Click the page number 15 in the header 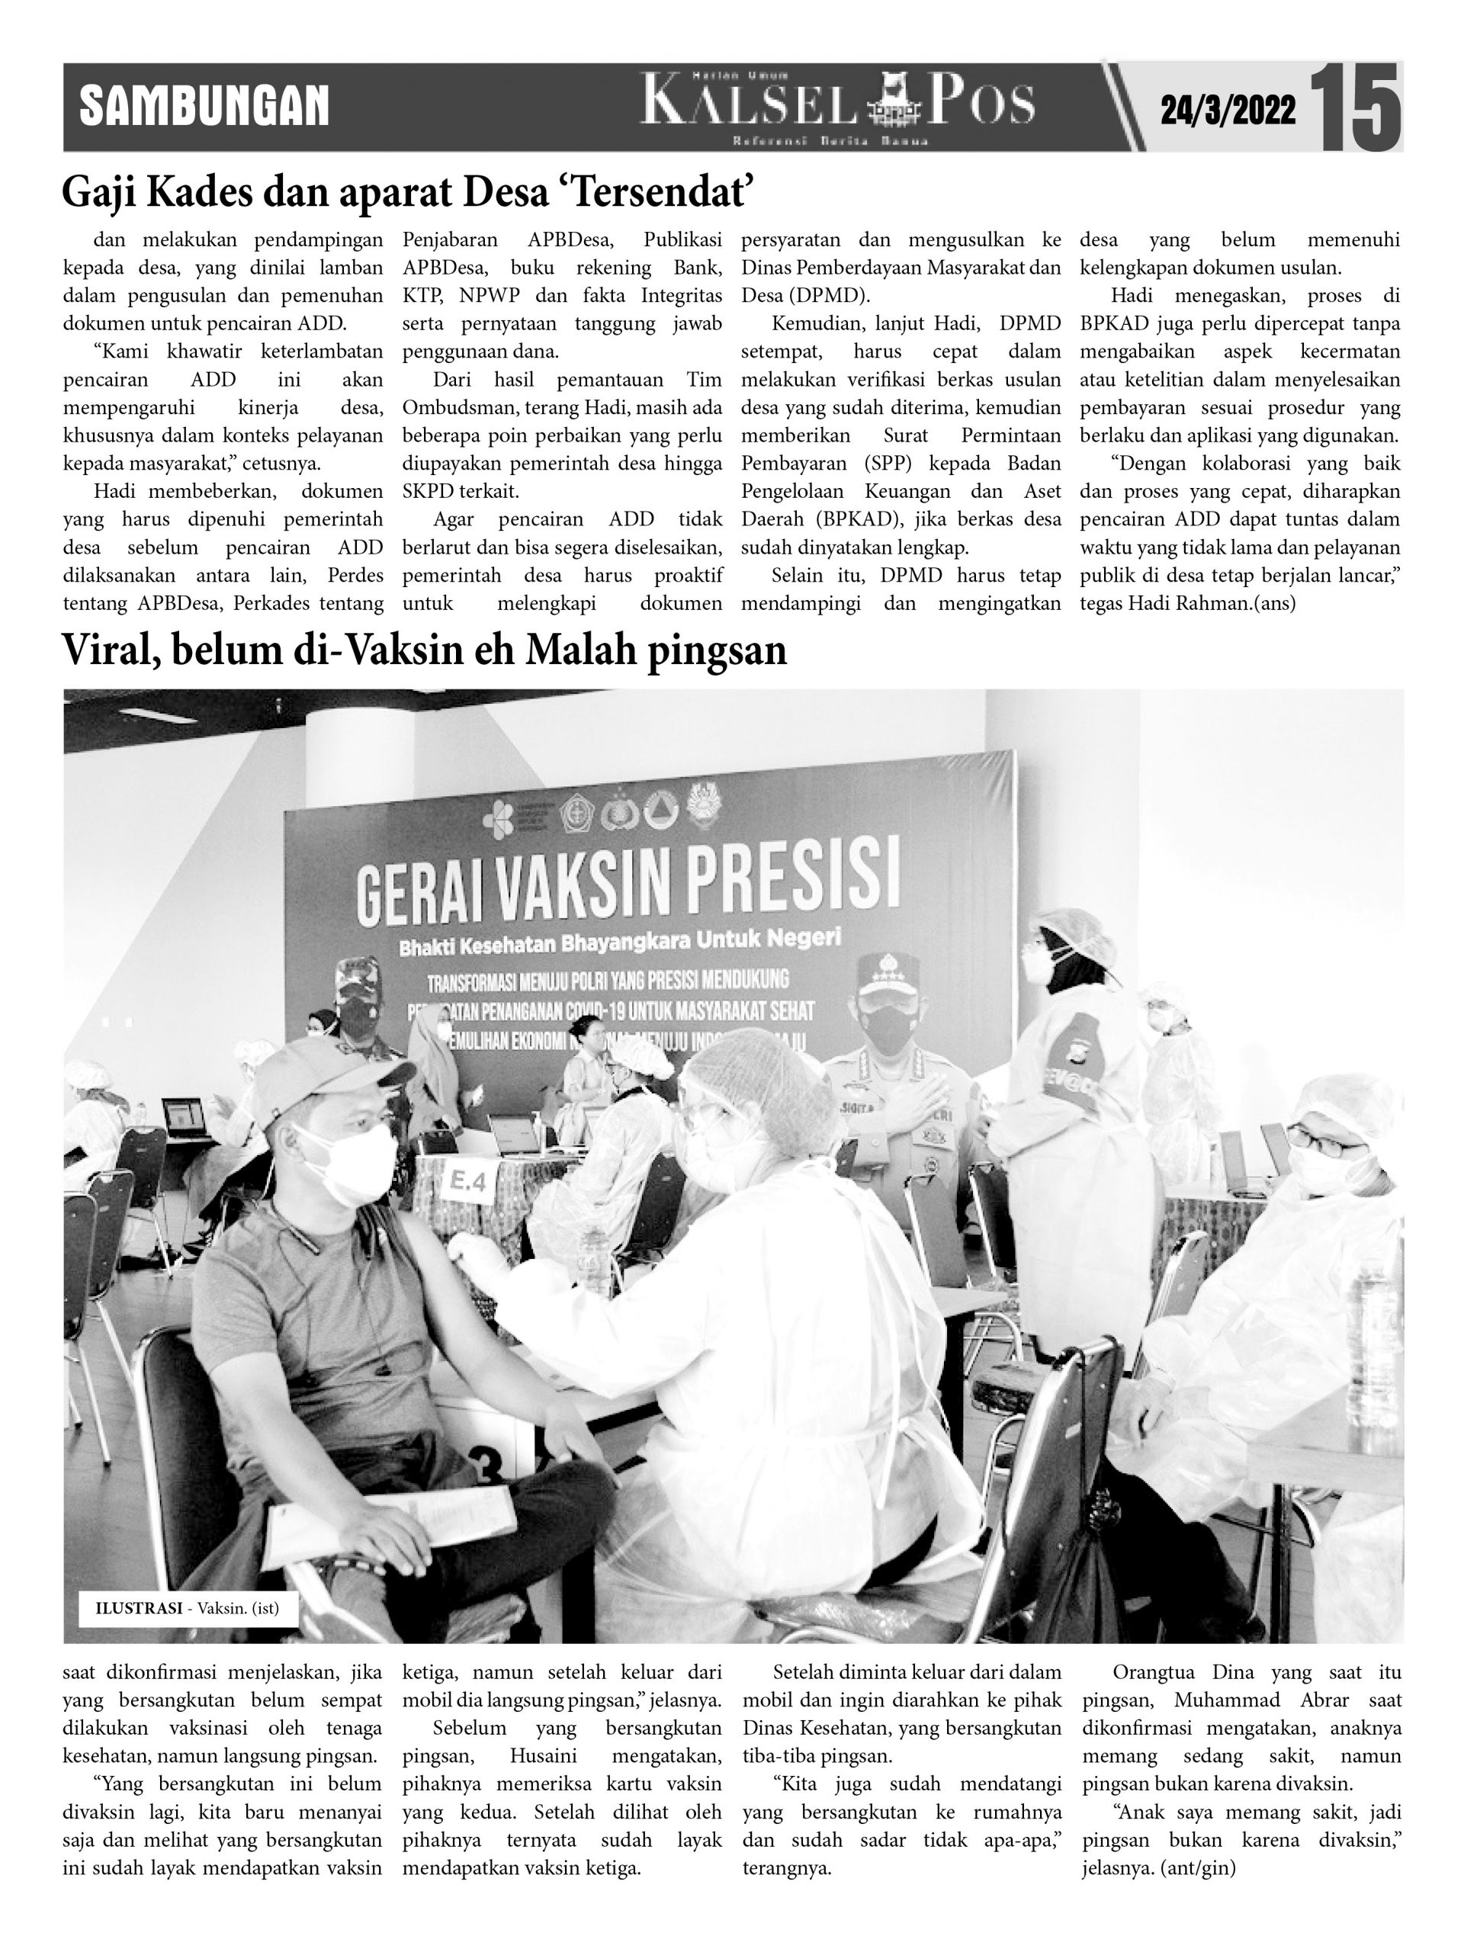[x=1354, y=108]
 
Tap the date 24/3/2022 [x=1228, y=111]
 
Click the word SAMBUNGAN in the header [x=204, y=107]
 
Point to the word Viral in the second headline [x=110, y=650]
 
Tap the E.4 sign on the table [x=467, y=1182]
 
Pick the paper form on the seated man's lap [x=389, y=1521]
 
